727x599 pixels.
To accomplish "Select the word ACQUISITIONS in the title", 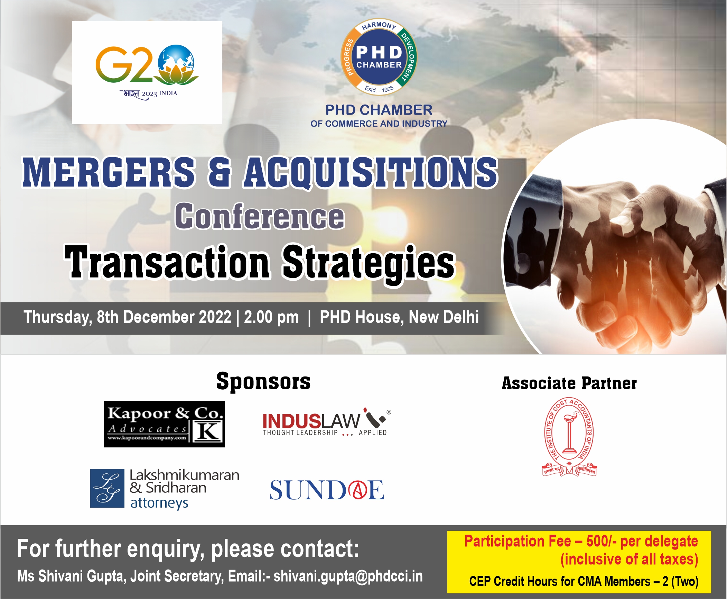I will (x=371, y=173).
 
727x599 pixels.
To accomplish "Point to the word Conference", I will (x=260, y=217).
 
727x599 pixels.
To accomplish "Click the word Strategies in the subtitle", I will (x=369, y=262).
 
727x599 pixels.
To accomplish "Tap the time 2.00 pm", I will (x=271, y=317).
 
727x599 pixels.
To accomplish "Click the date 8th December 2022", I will (x=164, y=317).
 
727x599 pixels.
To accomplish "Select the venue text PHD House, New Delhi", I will (x=399, y=317).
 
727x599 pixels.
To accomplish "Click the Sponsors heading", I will (x=263, y=381).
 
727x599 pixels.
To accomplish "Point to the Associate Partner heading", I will (x=569, y=383).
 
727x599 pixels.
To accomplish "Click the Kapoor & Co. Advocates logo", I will (x=164, y=424).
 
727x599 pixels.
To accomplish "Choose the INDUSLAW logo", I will (x=326, y=423).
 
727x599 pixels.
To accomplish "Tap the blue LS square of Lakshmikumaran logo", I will (x=107, y=488).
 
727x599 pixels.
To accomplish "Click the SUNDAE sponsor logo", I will (x=327, y=490).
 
